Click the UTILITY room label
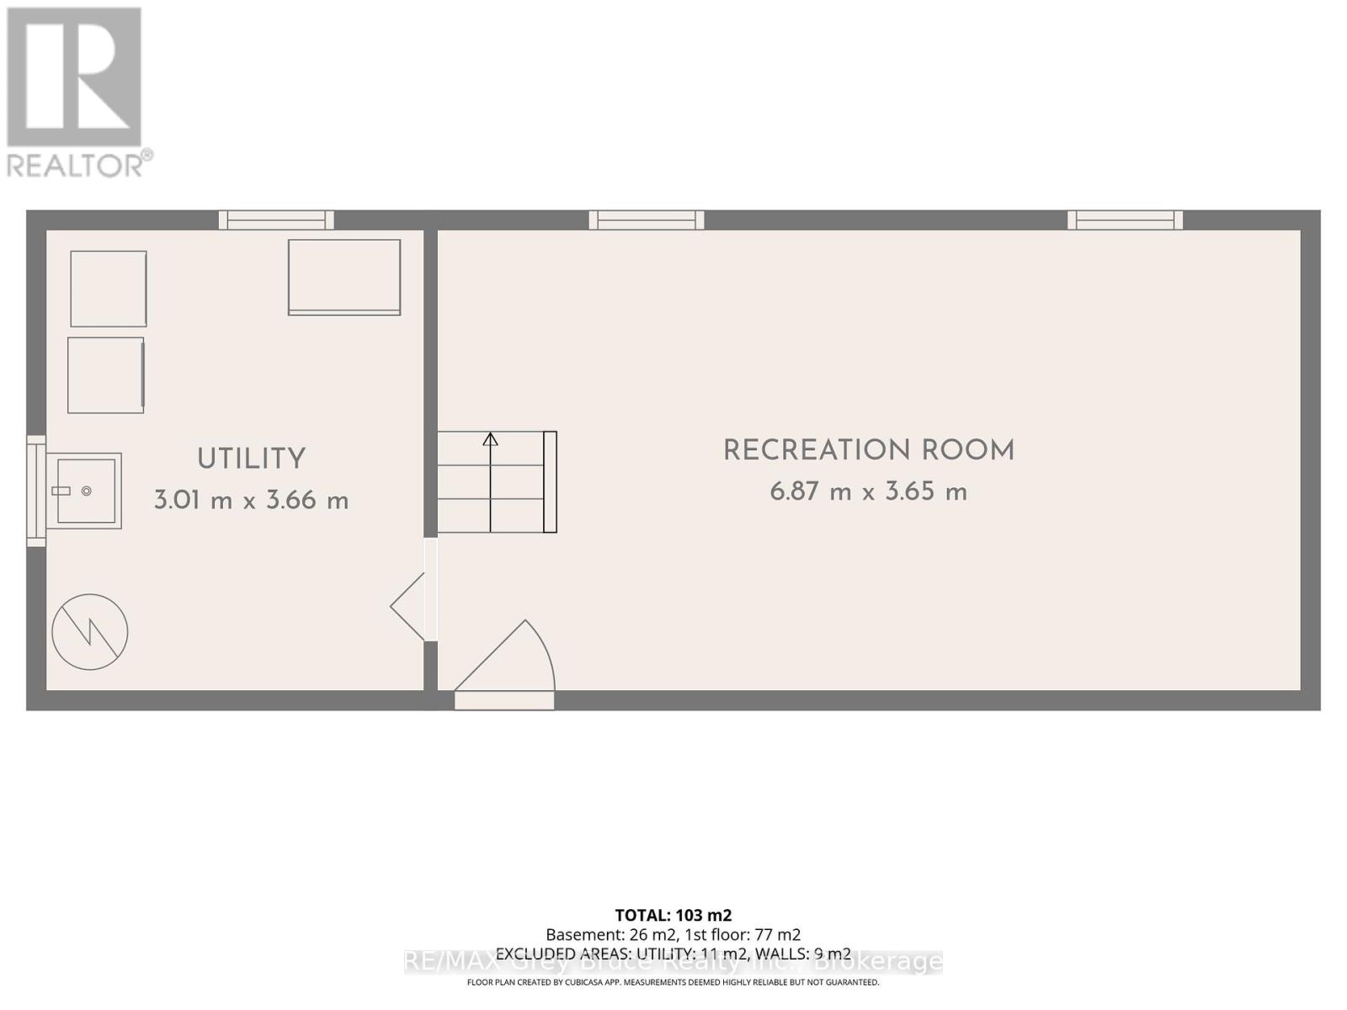tap(251, 460)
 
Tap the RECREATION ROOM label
tap(869, 451)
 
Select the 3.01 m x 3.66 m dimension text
tap(251, 501)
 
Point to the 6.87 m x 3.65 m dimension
tap(869, 492)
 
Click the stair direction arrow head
tap(490, 439)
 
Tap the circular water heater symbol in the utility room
tap(90, 632)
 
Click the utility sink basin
tap(86, 491)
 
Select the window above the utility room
tap(276, 220)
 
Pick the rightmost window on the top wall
tap(1125, 220)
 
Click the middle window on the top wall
tap(647, 220)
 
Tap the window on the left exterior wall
tap(36, 491)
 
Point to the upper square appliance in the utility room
tap(109, 289)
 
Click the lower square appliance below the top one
tap(106, 375)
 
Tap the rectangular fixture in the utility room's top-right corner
tap(344, 277)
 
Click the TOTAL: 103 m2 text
tap(673, 915)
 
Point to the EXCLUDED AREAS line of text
tap(673, 954)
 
